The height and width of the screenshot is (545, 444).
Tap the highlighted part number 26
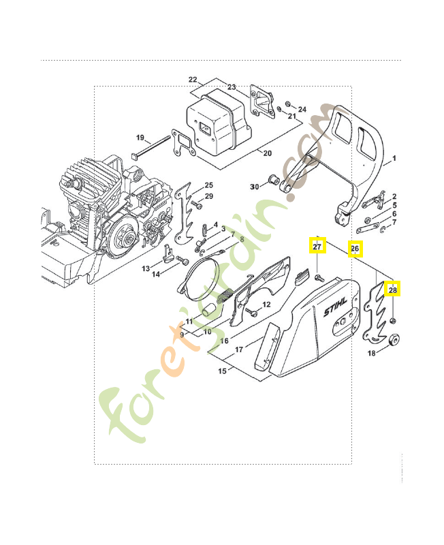(x=354, y=249)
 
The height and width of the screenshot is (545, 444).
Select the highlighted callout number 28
(x=393, y=290)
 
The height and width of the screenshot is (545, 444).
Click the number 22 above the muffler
(x=192, y=80)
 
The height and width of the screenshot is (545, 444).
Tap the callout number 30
(x=254, y=186)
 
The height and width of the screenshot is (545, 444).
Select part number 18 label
(x=372, y=353)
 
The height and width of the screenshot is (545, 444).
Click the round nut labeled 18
(x=394, y=341)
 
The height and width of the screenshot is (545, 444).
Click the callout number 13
(x=146, y=269)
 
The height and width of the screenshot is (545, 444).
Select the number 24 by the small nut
(x=302, y=109)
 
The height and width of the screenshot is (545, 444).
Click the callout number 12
(x=266, y=305)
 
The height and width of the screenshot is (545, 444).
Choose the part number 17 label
(x=239, y=349)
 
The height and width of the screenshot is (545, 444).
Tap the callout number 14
(x=156, y=274)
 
